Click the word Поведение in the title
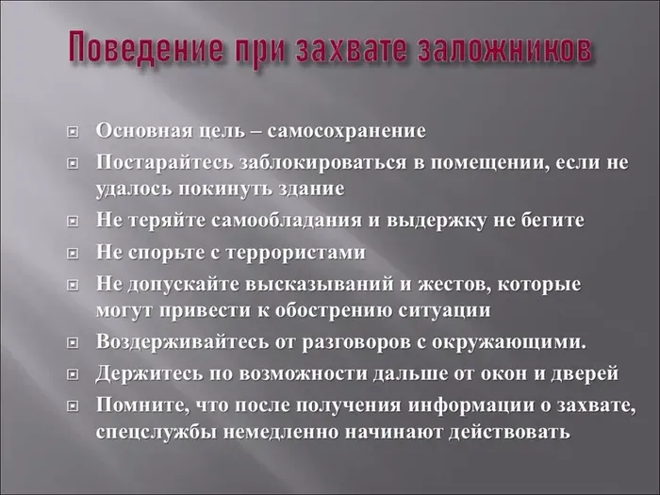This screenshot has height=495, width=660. pyautogui.click(x=145, y=46)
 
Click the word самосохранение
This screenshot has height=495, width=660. pyautogui.click(x=346, y=131)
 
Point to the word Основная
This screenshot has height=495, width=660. pyautogui.click(x=144, y=130)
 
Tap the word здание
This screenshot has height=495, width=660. pyautogui.click(x=312, y=190)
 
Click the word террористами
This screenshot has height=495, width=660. pyautogui.click(x=296, y=254)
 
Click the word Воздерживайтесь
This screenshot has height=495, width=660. pyautogui.click(x=182, y=341)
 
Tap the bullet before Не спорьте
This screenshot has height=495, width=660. pyautogui.click(x=73, y=254)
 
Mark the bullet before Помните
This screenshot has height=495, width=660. pyautogui.click(x=73, y=406)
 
